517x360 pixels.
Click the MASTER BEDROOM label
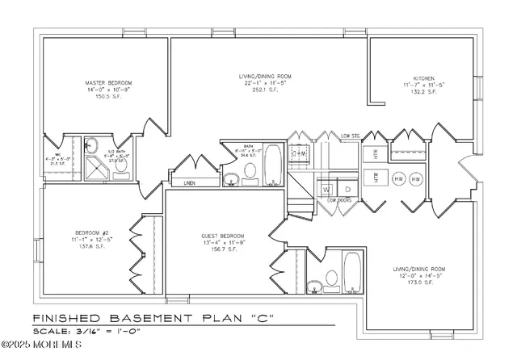(x=103, y=82)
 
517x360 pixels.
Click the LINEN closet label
(x=190, y=183)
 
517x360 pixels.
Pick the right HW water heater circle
(x=416, y=178)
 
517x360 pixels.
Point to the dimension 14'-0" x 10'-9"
(x=103, y=90)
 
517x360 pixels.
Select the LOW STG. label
(x=350, y=136)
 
